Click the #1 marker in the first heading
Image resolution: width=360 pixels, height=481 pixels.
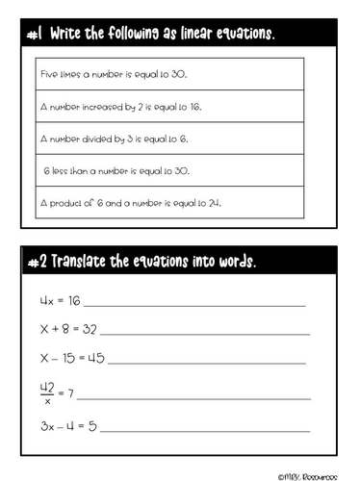pos(32,34)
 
